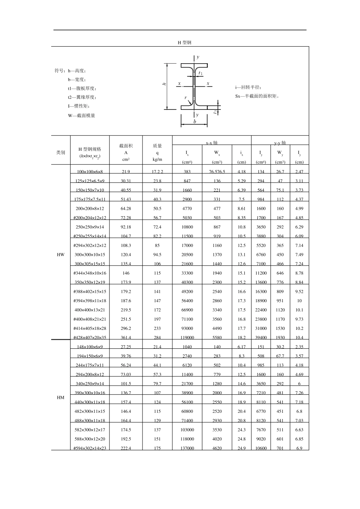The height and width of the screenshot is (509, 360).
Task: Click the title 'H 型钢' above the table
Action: click(x=185, y=42)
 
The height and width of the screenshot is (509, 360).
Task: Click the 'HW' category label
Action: click(x=61, y=254)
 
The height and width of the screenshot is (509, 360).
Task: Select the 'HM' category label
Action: click(x=61, y=398)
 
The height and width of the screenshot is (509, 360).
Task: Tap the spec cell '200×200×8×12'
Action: click(x=90, y=209)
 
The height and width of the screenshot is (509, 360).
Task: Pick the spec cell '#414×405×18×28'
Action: click(x=90, y=329)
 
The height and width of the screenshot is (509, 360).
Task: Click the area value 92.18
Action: click(x=126, y=227)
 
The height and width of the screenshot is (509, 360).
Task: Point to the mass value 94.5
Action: click(x=157, y=255)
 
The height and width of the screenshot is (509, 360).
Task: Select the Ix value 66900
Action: click(x=187, y=310)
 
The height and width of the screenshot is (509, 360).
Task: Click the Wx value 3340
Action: click(x=217, y=310)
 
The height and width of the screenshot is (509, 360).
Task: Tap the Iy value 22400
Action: click(x=261, y=310)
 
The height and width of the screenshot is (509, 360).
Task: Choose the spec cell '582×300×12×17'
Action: click(x=90, y=430)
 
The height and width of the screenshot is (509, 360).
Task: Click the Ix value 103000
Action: click(x=187, y=430)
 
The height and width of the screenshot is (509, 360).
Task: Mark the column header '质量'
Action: click(x=157, y=146)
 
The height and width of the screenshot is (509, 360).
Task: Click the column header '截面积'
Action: click(x=126, y=146)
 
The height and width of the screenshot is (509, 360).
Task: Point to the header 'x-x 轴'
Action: click(x=211, y=143)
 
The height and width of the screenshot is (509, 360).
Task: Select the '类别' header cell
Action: click(x=61, y=153)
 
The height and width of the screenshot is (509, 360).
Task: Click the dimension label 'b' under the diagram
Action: click(x=195, y=122)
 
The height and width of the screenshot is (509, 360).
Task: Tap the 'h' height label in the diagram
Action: click(x=164, y=84)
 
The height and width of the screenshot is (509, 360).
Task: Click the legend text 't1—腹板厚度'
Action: click(x=82, y=88)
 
